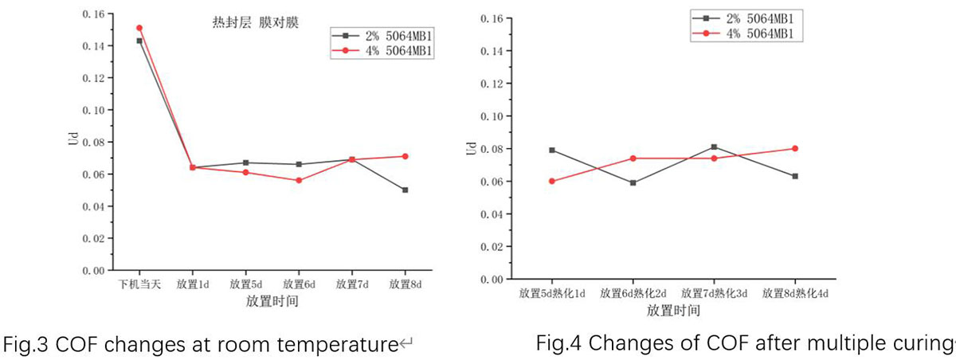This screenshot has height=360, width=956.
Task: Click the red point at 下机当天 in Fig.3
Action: [139, 28]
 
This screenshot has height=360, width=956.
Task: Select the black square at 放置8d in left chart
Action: [405, 190]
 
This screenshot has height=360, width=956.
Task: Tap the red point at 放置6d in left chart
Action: [299, 180]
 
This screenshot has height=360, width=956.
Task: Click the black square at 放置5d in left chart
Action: [245, 162]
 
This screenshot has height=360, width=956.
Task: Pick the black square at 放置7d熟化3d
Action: [713, 147]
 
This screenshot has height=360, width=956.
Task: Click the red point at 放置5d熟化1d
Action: [552, 181]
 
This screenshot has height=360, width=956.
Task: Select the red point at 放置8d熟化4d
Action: [794, 148]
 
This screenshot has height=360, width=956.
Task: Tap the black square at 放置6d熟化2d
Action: [633, 182]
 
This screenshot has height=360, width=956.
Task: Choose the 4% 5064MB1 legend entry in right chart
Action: [748, 33]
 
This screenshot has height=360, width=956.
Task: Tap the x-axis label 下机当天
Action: [139, 284]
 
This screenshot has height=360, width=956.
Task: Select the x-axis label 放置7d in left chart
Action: [351, 284]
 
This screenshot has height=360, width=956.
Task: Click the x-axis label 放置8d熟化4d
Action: [794, 293]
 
